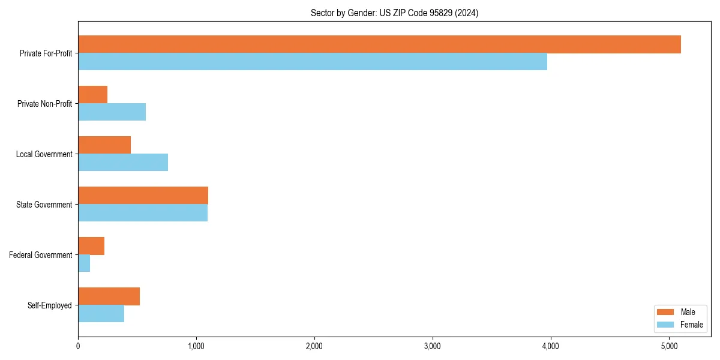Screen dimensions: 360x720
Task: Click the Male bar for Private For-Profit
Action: (379, 44)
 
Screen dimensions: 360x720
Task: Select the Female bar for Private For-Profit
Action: (313, 62)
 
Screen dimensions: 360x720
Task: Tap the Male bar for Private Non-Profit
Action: (93, 95)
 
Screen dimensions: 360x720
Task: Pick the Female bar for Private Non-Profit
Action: (112, 112)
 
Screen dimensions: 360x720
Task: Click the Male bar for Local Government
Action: (104, 145)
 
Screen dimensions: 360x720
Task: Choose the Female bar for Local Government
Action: (123, 163)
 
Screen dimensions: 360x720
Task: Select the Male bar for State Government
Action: (143, 196)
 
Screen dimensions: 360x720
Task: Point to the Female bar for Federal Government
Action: (84, 263)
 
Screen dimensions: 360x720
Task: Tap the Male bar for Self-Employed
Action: (109, 296)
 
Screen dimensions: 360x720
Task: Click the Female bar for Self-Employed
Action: (101, 314)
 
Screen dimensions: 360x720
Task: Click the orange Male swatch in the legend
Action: (666, 312)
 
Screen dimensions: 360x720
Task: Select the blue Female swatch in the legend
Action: (666, 325)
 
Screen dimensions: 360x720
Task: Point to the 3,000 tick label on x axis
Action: (433, 346)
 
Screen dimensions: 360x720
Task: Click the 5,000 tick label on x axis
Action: (669, 346)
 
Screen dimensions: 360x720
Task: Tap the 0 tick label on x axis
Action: (78, 346)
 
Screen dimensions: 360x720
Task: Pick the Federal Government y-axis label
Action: (41, 255)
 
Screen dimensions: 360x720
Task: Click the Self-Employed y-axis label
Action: (50, 305)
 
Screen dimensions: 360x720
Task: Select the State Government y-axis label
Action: (44, 205)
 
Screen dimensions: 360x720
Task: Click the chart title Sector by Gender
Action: (394, 13)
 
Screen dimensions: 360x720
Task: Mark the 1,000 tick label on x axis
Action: (196, 346)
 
